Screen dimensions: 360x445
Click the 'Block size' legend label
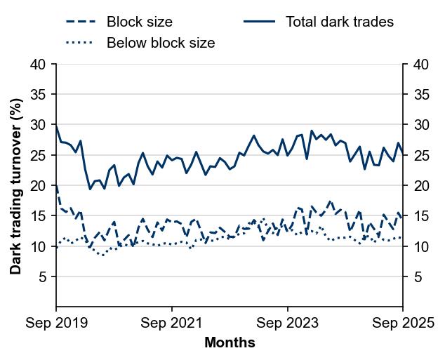pos(139,22)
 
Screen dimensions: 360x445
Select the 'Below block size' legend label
pos(160,43)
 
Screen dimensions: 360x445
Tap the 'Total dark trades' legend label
pos(340,22)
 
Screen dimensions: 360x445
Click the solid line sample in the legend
pos(258,22)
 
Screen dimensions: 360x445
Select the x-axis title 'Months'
pos(230,343)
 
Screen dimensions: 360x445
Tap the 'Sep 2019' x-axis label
pos(56,324)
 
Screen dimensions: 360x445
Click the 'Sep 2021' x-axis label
pos(172,324)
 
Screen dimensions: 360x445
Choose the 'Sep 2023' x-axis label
pos(288,324)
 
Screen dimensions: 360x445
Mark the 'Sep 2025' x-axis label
pos(403,324)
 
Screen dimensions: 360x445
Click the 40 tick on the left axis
pos(39,65)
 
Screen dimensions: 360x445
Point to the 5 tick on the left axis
pos(42,277)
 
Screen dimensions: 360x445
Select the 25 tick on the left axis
pos(39,156)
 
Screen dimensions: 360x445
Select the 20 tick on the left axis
pos(39,186)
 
